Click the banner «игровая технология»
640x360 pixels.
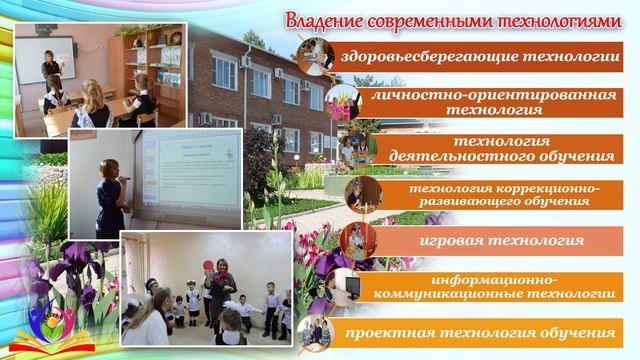(490, 241)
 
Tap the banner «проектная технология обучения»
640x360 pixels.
(479, 331)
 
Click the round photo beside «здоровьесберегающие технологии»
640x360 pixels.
(315, 57)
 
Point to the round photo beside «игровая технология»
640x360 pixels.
(358, 241)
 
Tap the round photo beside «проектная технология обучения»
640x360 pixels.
(316, 332)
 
